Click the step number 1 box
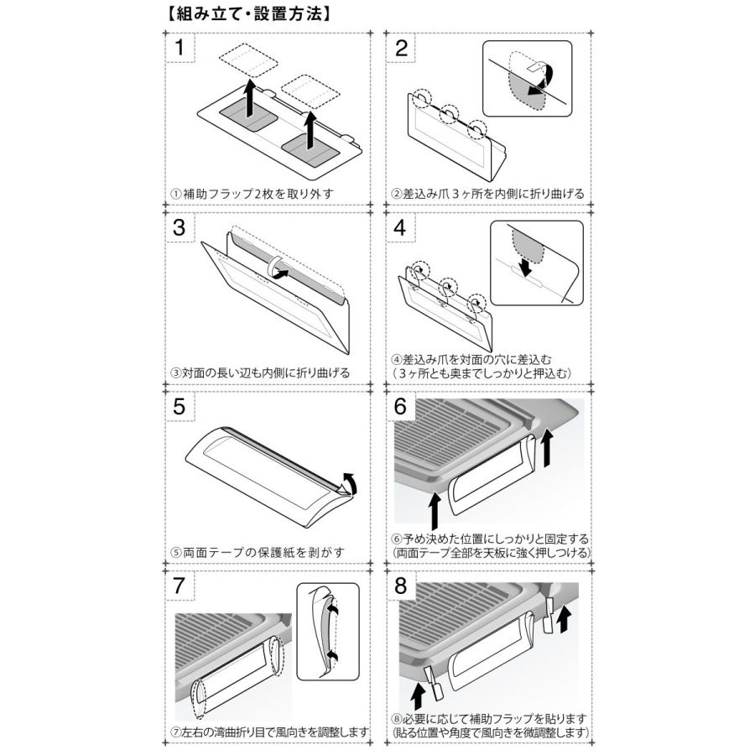[180, 48]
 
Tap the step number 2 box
[401, 48]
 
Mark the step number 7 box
[180, 586]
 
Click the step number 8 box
[401, 586]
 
